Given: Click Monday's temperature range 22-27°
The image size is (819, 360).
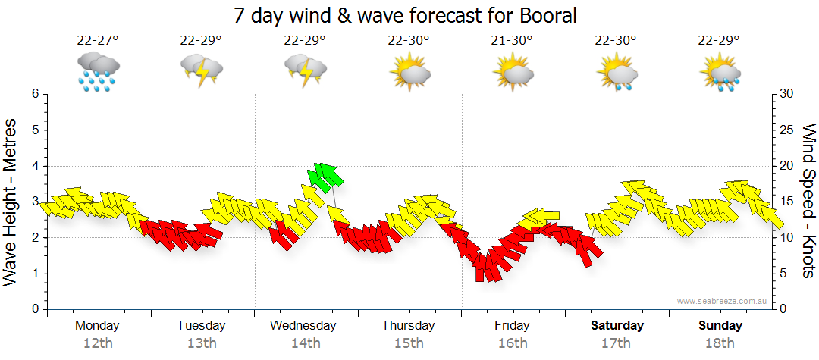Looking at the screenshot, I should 98,41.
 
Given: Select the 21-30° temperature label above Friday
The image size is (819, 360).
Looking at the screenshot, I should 512,41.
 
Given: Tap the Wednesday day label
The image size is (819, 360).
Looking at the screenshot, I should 303,325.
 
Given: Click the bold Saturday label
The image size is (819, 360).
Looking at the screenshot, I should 617,325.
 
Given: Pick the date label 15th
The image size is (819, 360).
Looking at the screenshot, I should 409,343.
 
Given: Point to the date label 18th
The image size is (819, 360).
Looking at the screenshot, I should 720,343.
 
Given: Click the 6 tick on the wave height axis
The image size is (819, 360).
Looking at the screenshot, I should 34,94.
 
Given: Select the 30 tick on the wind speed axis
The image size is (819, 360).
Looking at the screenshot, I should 787,94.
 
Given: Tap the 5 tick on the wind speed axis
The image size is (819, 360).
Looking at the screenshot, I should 784,274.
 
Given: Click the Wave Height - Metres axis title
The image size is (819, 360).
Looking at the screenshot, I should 12,201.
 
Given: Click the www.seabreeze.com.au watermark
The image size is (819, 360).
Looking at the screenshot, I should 723,301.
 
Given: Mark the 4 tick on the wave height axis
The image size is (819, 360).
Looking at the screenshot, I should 34,166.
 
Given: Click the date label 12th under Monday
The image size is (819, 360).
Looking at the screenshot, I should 98,343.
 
